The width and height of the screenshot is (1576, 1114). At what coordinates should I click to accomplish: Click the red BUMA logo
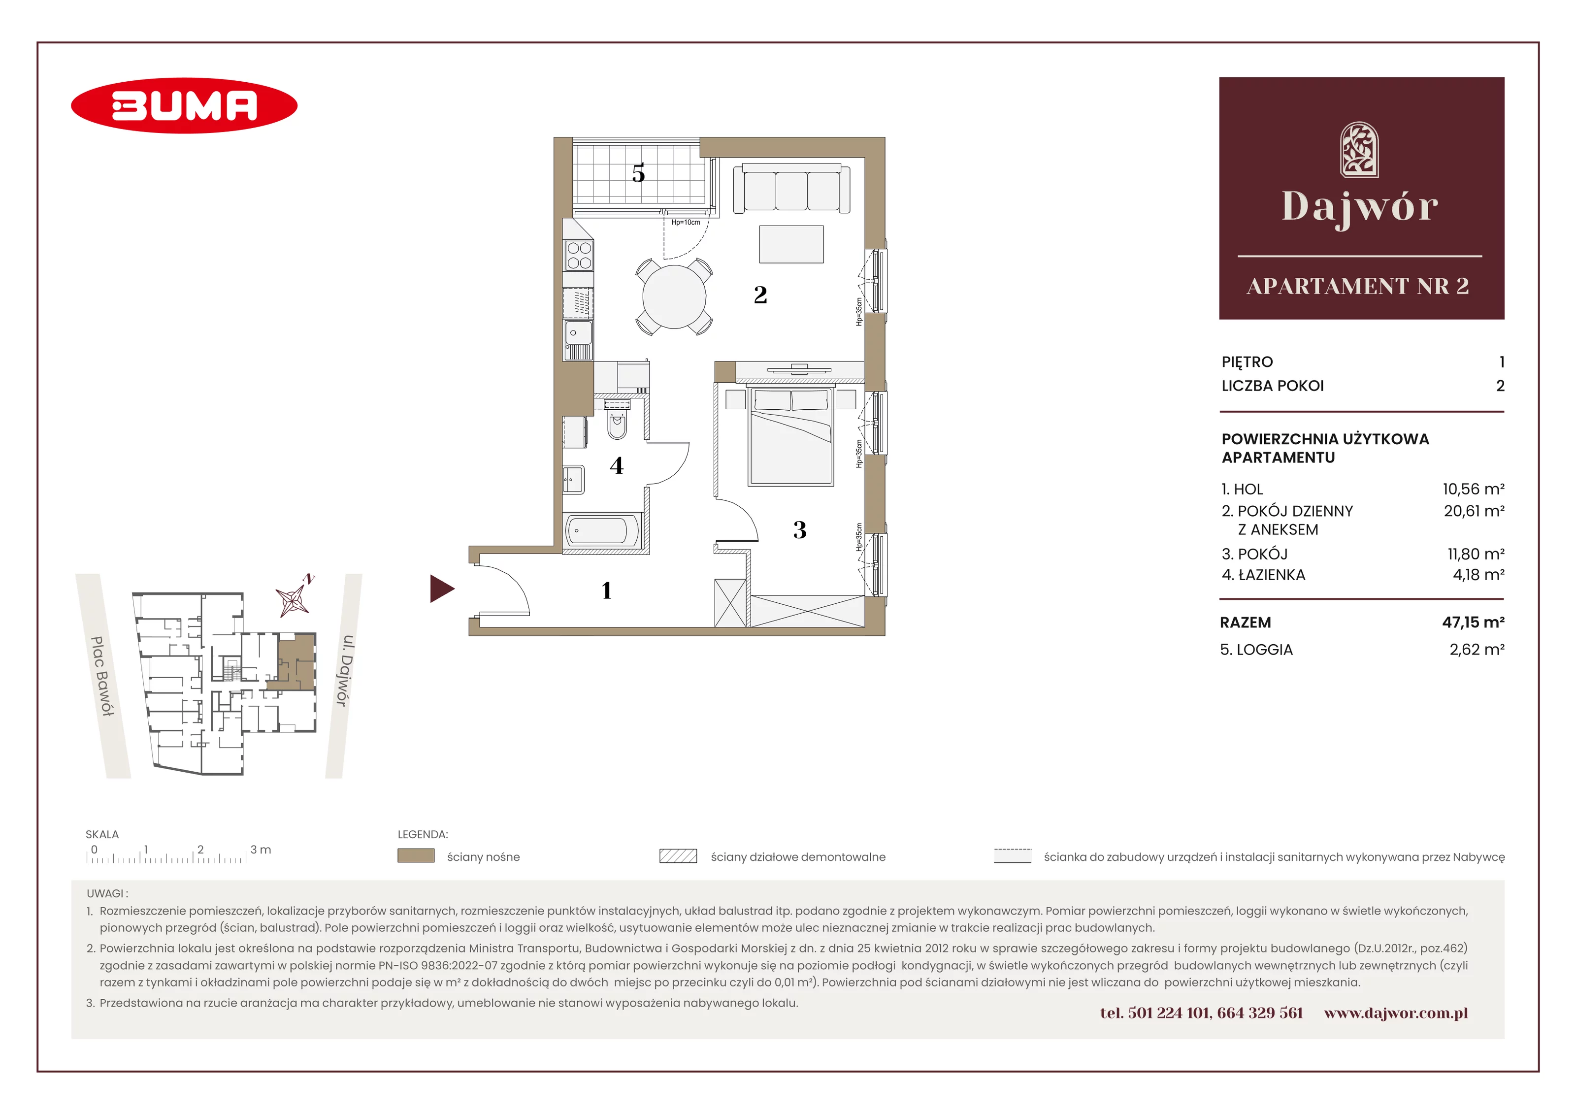point(184,106)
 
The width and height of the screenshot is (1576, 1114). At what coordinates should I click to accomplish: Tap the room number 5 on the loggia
point(638,174)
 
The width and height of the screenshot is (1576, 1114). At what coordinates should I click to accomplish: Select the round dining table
point(674,296)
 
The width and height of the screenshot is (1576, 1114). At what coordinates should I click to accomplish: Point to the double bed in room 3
point(791,436)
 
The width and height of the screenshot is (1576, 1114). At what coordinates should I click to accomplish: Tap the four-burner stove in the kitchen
point(579,255)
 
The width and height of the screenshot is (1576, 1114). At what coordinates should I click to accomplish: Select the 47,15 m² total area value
point(1473,622)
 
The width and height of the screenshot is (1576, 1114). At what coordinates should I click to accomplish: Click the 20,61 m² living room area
point(1474,511)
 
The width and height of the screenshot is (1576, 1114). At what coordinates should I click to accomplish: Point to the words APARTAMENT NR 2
point(1358,286)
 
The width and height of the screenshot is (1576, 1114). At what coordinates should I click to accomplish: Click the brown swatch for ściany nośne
point(416,855)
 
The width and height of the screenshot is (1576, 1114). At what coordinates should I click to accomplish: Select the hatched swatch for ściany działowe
point(678,855)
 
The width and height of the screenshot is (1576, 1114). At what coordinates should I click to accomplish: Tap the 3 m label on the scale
point(261,850)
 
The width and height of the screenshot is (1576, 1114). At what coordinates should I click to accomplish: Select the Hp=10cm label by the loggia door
point(686,223)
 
